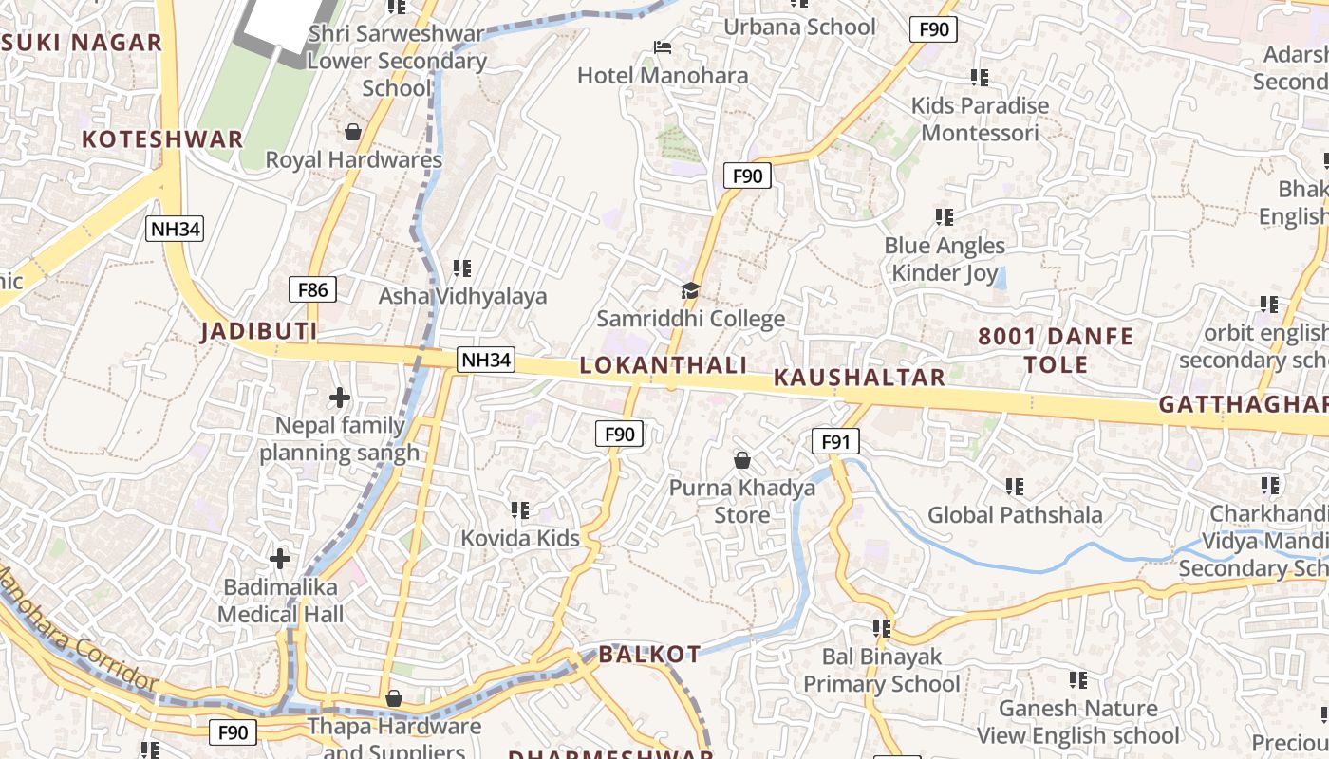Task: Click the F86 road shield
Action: [312, 289]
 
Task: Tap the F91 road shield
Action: [835, 441]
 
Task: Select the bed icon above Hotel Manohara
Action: [663, 47]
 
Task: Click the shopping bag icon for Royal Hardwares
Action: [353, 131]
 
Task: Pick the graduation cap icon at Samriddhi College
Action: [690, 290]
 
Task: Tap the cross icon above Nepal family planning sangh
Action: [339, 398]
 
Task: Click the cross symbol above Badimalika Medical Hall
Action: [280, 558]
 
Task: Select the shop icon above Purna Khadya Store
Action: [742, 460]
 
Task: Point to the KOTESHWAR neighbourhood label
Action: [162, 139]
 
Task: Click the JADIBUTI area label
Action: [258, 331]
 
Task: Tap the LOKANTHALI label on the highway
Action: [664, 365]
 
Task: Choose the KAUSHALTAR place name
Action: [859, 377]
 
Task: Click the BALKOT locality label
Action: [649, 654]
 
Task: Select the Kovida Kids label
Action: [520, 538]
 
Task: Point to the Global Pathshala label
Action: [1015, 515]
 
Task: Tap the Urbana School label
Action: [799, 27]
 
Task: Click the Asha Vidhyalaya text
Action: [463, 296]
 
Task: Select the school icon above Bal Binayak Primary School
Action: [882, 628]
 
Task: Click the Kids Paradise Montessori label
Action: [981, 119]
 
